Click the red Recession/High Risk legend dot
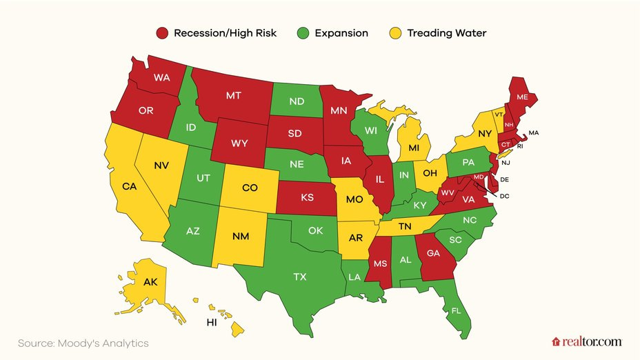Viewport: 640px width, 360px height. (162, 33)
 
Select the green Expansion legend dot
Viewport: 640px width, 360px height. (303, 33)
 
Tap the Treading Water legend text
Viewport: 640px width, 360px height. (447, 33)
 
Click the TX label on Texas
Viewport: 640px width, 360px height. (300, 277)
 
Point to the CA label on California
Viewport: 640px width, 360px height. (129, 186)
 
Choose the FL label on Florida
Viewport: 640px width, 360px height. (455, 311)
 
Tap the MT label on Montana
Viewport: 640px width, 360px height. (234, 96)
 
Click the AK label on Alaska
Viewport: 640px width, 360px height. (150, 282)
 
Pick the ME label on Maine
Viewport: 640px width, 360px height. (522, 98)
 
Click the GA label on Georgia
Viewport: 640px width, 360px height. (432, 253)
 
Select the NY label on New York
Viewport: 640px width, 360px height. (486, 132)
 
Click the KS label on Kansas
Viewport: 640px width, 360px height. (307, 197)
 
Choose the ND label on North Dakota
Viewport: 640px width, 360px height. (297, 101)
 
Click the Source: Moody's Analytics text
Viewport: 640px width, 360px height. (83, 343)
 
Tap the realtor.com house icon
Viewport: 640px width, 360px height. (556, 341)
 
